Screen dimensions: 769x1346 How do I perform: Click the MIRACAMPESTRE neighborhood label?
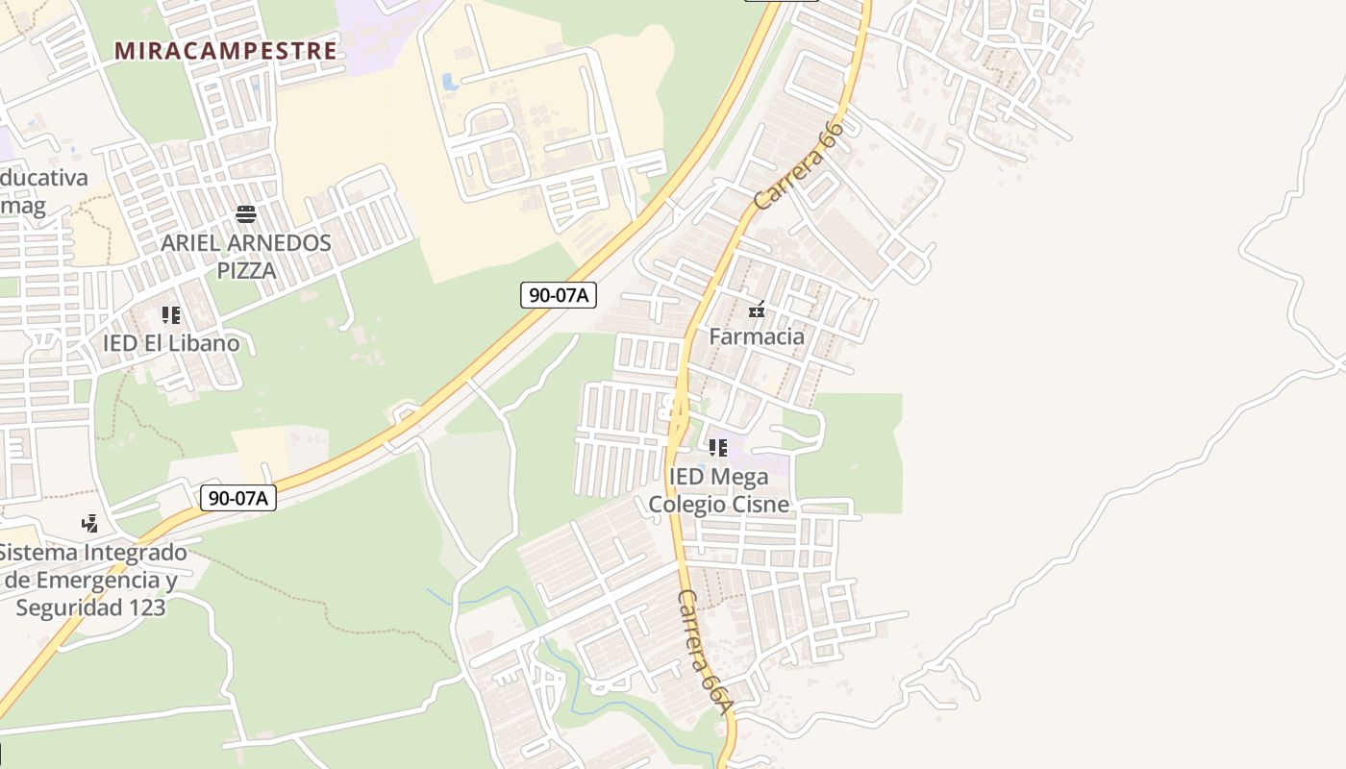[226, 51]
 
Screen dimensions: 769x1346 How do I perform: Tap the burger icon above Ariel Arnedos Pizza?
[245, 214]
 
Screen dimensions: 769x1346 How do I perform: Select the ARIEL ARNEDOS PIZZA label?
[245, 257]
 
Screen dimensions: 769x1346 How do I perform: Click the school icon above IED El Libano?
[171, 315]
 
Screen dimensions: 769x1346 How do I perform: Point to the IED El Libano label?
[171, 343]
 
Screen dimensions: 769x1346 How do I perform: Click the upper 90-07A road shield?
[559, 295]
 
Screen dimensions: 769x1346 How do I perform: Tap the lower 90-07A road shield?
[238, 498]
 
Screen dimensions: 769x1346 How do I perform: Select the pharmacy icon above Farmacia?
[757, 310]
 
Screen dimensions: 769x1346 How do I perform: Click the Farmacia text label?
[757, 336]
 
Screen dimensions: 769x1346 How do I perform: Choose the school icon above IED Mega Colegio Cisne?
[718, 448]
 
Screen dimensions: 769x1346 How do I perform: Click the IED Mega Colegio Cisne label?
[719, 490]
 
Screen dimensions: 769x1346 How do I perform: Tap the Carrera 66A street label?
[705, 652]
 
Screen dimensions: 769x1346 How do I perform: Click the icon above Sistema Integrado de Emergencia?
[90, 524]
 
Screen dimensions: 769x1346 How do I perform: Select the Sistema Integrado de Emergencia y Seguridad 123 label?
[91, 581]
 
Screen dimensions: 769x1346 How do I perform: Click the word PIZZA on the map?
[246, 271]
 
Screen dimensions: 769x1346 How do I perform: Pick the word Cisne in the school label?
[760, 505]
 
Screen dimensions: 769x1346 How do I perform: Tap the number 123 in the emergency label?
[142, 608]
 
